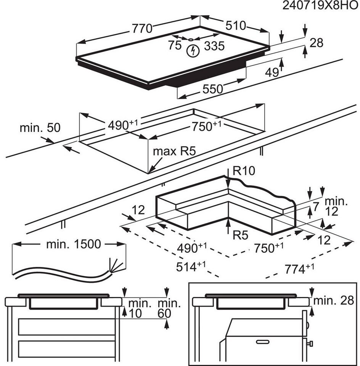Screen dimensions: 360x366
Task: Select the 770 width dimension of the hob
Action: pyautogui.click(x=142, y=29)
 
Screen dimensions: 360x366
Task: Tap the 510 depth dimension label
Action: pyautogui.click(x=236, y=26)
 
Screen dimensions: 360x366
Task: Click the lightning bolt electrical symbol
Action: pyautogui.click(x=193, y=51)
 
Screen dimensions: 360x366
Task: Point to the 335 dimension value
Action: pyautogui.click(x=214, y=46)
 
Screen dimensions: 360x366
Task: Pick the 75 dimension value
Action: pyautogui.click(x=175, y=45)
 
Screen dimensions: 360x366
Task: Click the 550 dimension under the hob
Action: pyautogui.click(x=213, y=89)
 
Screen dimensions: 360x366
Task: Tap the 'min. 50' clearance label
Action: pyautogui.click(x=40, y=128)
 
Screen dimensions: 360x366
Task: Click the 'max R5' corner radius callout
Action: pyautogui.click(x=174, y=151)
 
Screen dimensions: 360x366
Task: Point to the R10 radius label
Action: pyautogui.click(x=244, y=171)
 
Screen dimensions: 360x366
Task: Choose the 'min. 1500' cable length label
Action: pyautogui.click(x=74, y=244)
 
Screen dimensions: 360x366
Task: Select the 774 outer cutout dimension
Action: pyautogui.click(x=299, y=269)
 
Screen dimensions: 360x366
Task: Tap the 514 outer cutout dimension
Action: pyautogui.click(x=191, y=266)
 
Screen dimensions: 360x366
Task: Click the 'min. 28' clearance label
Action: pyautogui.click(x=334, y=301)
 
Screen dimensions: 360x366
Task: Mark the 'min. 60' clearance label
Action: pyautogui.click(x=169, y=308)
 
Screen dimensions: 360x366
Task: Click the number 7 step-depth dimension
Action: pyautogui.click(x=316, y=207)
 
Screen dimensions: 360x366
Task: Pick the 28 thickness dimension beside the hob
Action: pyautogui.click(x=317, y=43)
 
